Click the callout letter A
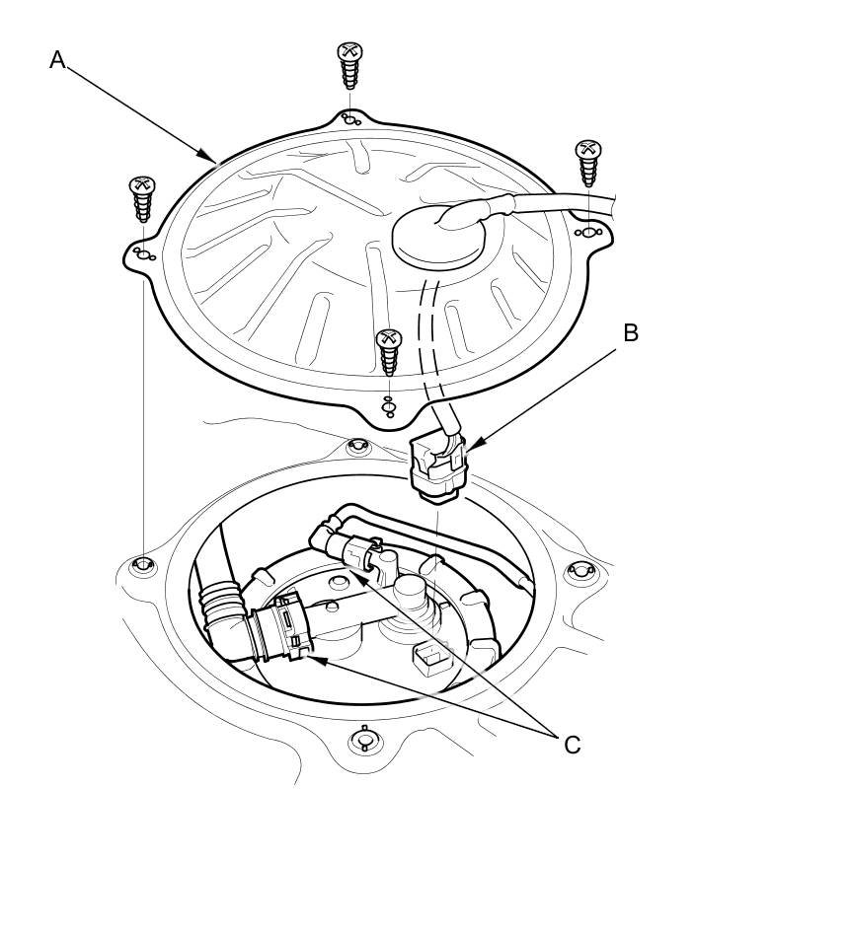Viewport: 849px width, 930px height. (57, 60)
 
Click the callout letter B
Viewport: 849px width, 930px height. (631, 333)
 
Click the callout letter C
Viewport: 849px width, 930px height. (573, 745)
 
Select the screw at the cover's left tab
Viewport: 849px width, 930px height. (142, 200)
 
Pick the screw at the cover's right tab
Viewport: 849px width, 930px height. (588, 163)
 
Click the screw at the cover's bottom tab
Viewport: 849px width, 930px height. (389, 352)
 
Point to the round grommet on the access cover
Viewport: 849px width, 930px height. (441, 237)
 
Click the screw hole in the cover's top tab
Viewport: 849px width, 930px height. (349, 120)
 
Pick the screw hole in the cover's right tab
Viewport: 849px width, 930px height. (588, 233)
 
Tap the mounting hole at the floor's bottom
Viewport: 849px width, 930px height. (363, 740)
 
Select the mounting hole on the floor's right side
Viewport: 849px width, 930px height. (579, 571)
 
